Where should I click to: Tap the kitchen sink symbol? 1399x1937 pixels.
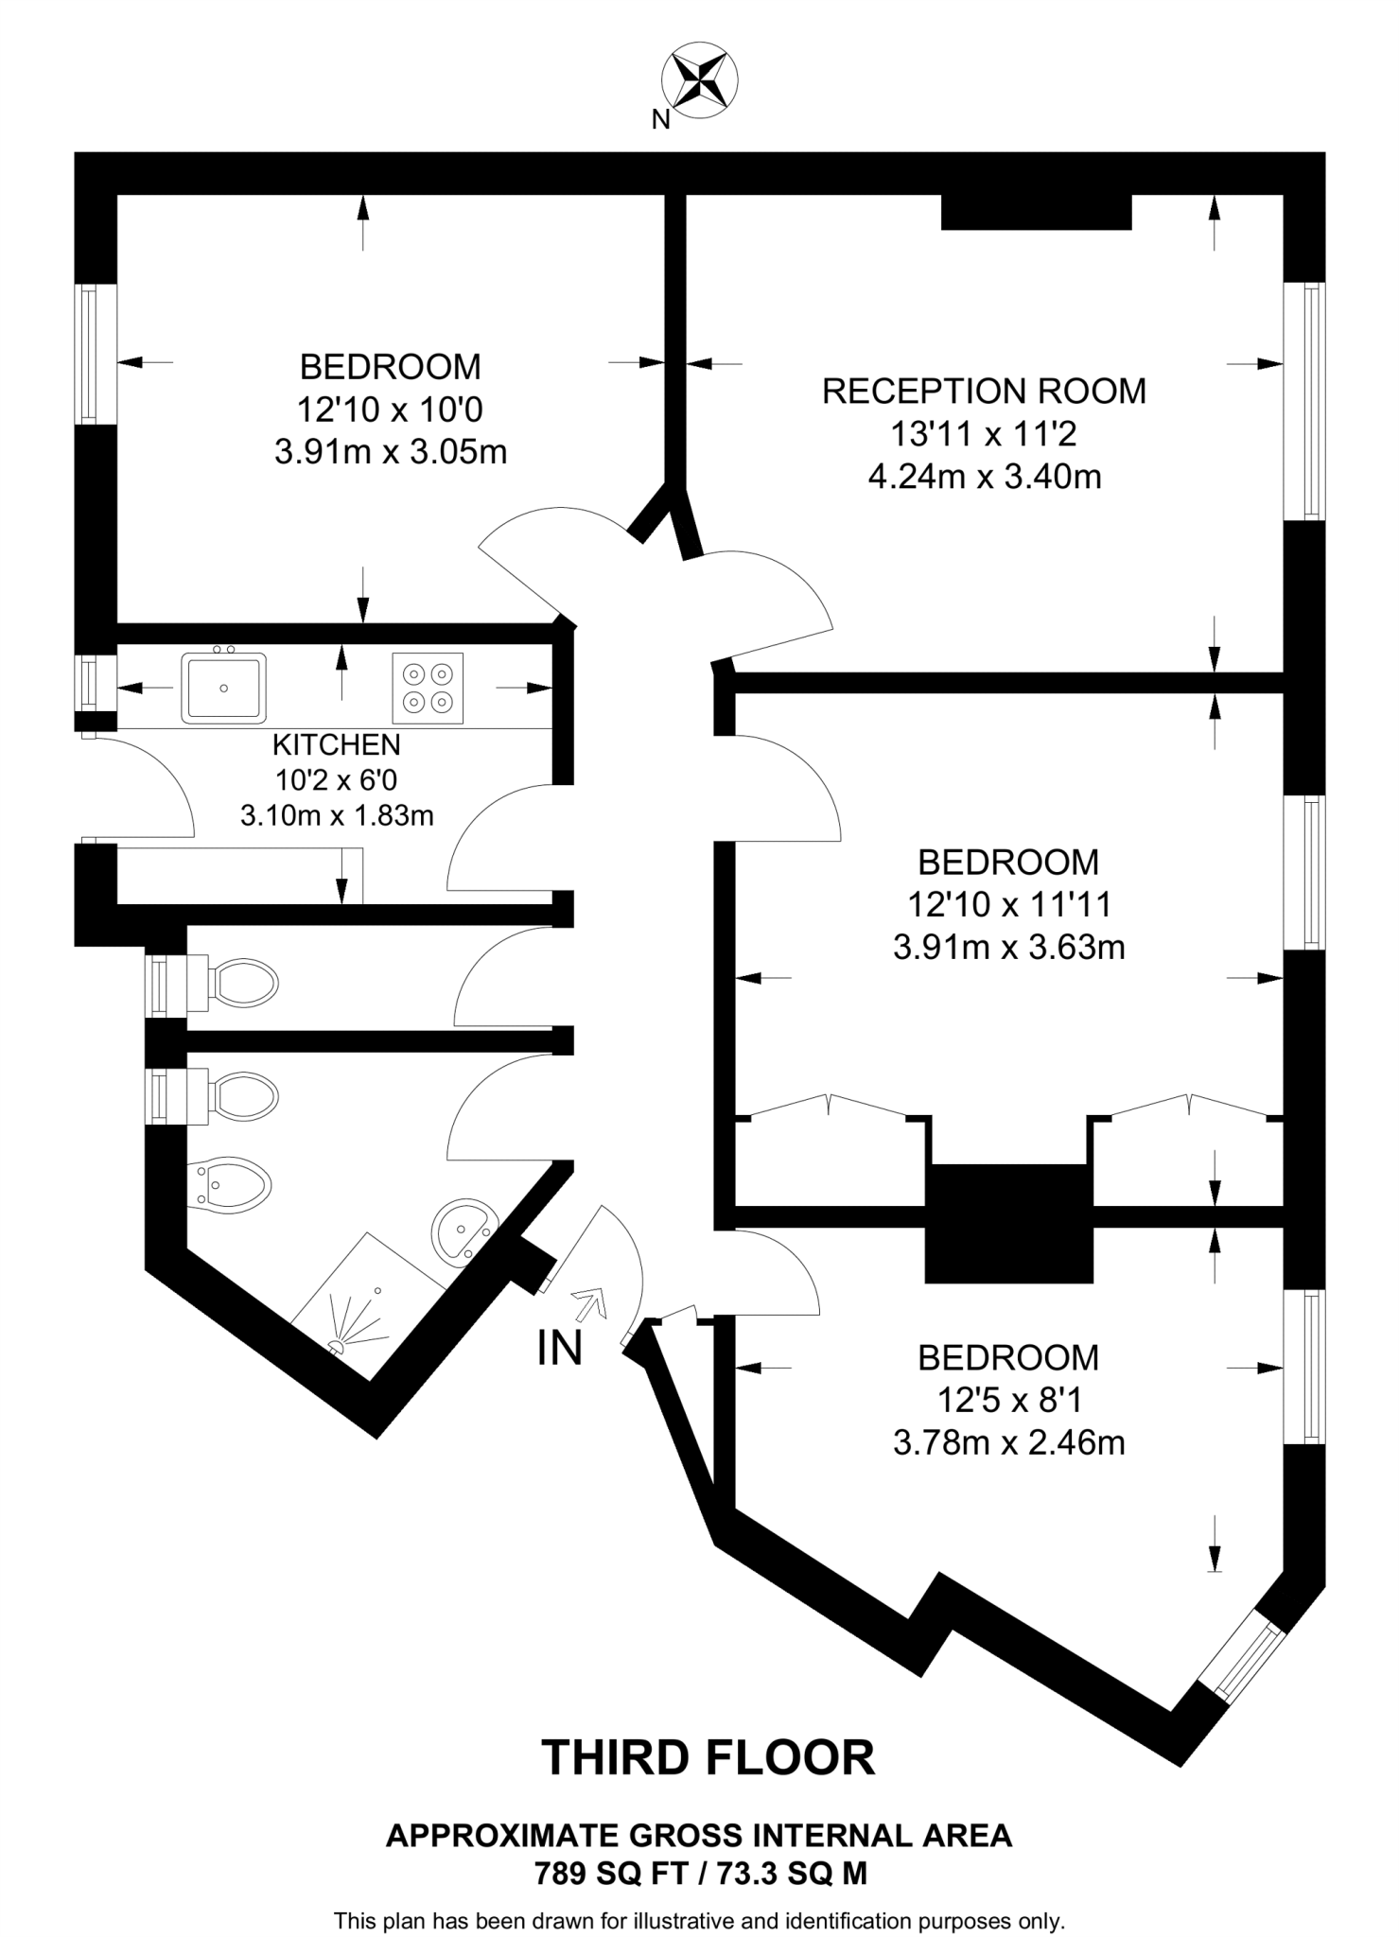[224, 688]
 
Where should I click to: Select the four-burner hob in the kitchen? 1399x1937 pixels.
[428, 688]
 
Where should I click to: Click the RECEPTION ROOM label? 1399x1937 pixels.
[984, 392]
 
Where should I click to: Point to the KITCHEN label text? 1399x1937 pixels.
[337, 745]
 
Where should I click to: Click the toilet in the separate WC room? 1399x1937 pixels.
[241, 984]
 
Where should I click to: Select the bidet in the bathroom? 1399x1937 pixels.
[232, 1183]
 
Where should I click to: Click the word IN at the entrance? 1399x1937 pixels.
[559, 1349]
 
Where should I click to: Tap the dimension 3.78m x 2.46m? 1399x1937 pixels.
[1008, 1443]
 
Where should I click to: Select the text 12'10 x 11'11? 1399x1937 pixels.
[1008, 905]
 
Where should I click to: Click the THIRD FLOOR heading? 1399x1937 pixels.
[708, 1757]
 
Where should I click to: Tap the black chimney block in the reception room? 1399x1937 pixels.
[1036, 212]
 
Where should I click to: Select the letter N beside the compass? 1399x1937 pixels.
[660, 120]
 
